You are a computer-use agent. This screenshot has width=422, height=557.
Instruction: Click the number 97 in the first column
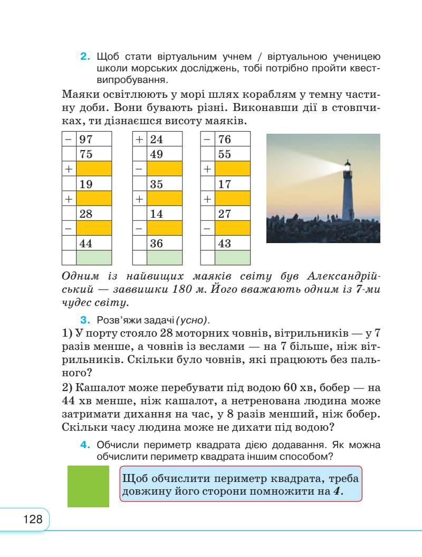point(85,140)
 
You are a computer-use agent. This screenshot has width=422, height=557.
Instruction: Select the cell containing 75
point(85,154)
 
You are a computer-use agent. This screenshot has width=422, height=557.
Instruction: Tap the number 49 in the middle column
point(156,154)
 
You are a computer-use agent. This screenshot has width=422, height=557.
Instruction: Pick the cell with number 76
point(225,140)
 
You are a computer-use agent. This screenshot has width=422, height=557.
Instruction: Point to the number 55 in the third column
point(225,154)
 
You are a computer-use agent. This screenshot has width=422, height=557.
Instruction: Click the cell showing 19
point(85,184)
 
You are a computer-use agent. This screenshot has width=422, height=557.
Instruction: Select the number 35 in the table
point(156,184)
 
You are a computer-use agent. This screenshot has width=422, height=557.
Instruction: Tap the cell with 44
point(85,244)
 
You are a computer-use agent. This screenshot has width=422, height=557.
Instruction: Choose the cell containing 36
point(156,244)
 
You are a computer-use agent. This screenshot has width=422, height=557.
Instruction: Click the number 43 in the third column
point(225,244)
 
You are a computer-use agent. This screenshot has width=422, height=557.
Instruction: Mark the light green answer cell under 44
point(94,258)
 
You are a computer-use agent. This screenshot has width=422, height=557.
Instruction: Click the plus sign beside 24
point(139,140)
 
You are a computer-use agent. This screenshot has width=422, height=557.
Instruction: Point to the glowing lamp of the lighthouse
point(348,168)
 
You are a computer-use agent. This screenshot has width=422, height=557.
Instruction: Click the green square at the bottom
point(88,486)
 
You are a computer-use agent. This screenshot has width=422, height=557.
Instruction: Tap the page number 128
point(33,519)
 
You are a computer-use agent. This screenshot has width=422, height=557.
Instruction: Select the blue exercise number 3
point(83,320)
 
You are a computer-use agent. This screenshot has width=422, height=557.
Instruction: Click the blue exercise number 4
point(83,445)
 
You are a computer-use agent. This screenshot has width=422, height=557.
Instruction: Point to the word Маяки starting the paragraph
point(79,95)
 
